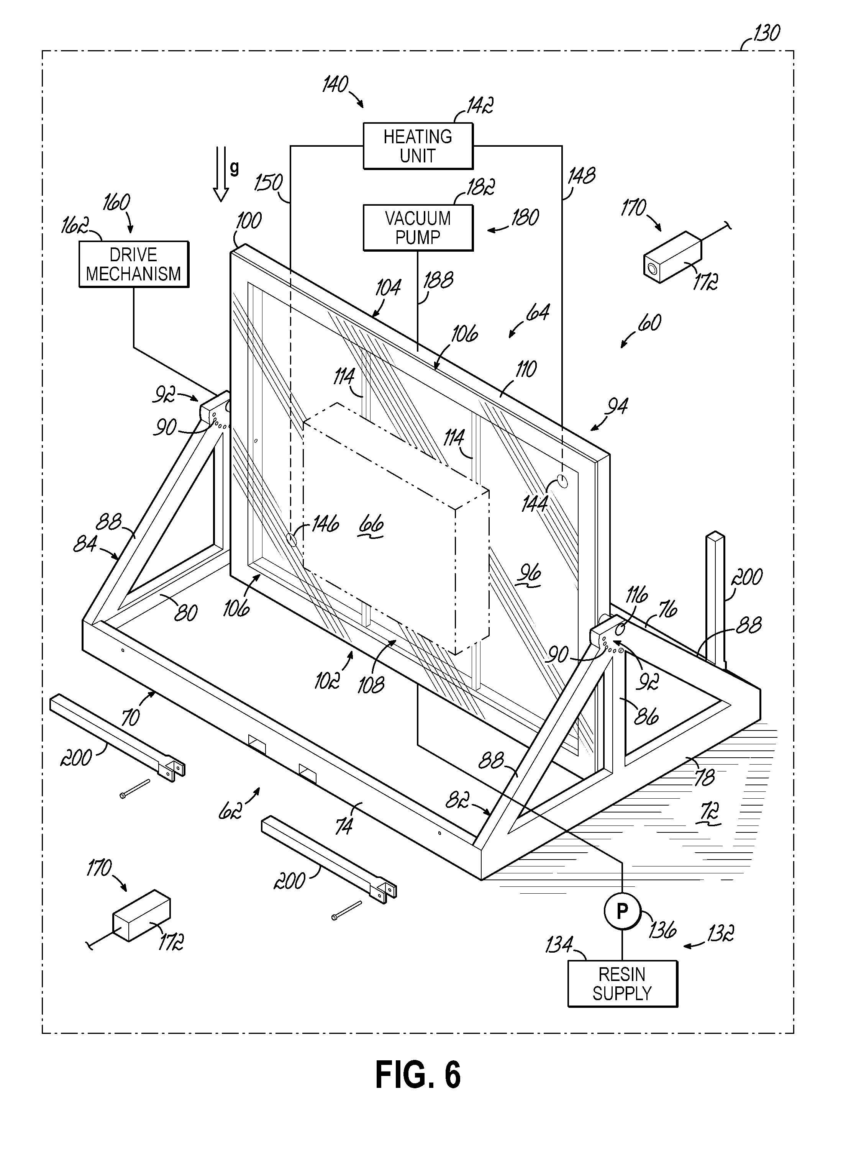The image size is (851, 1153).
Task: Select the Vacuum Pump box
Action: tap(418, 228)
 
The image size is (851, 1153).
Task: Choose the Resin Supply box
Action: tap(622, 984)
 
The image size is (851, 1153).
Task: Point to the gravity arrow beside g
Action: tap(221, 174)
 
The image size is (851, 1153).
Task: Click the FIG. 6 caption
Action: tap(418, 1074)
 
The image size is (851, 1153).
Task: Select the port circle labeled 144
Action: tap(562, 482)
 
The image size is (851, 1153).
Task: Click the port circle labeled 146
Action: tap(291, 540)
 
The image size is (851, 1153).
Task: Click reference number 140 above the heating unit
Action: tap(335, 84)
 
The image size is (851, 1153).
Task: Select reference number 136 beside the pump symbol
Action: tap(662, 930)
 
